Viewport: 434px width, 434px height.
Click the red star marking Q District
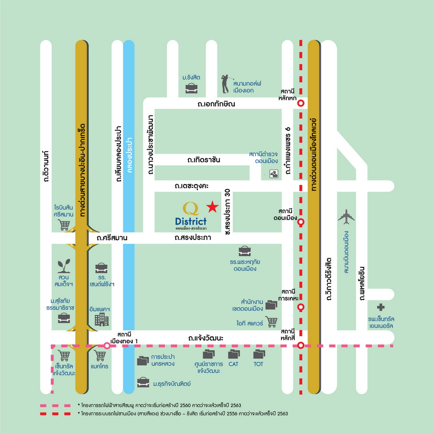pyautogui.click(x=212, y=207)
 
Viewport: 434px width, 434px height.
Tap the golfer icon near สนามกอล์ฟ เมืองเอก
pyautogui.click(x=225, y=84)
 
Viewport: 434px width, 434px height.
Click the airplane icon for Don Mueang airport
pyautogui.click(x=346, y=216)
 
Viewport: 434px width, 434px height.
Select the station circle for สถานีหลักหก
pyautogui.click(x=301, y=103)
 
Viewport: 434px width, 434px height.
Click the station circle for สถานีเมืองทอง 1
pyautogui.click(x=107, y=345)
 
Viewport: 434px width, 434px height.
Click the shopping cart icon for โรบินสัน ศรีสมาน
pyautogui.click(x=64, y=225)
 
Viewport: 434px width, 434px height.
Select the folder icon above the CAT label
pyautogui.click(x=234, y=354)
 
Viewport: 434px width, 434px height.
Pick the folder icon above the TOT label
pyautogui.click(x=259, y=354)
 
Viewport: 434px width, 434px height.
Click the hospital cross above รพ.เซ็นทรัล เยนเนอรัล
pyautogui.click(x=381, y=307)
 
